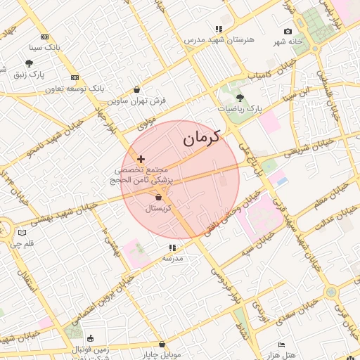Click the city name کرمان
tap(202, 138)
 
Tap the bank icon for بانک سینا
tap(45, 37)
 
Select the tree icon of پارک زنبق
tap(29, 63)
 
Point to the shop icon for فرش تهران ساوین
tap(136, 90)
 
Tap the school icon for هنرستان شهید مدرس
tap(219, 29)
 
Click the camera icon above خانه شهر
tap(288, 32)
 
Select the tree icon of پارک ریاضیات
tap(240, 98)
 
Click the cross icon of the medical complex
tap(141, 160)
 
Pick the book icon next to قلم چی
tap(22, 233)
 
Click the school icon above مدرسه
tap(172, 248)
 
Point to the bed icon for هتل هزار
tap(282, 345)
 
